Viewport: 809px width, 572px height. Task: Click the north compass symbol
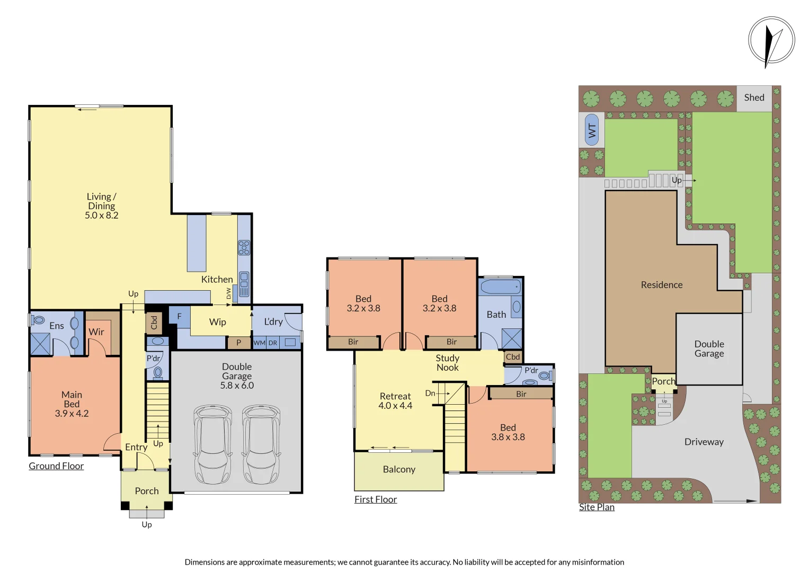click(x=771, y=41)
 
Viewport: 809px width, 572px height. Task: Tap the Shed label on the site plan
click(x=754, y=98)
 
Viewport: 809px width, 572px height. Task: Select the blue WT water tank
click(x=592, y=130)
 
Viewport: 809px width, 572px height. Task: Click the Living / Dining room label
click(x=101, y=205)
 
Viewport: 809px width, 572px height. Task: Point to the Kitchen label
click(x=217, y=279)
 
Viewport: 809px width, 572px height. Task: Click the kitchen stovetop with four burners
click(x=244, y=247)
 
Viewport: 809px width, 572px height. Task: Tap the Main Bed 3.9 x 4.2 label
click(x=72, y=404)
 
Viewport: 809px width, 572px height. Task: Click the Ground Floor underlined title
click(x=56, y=466)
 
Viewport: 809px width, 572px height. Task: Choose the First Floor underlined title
click(x=375, y=499)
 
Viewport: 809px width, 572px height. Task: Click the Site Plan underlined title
click(x=597, y=507)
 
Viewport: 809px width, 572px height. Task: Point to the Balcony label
click(x=399, y=470)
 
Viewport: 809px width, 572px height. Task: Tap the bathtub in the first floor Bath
click(x=500, y=288)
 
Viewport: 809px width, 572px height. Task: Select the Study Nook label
click(x=447, y=363)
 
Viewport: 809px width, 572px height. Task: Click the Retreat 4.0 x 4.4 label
click(x=395, y=401)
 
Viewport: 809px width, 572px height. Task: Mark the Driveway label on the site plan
click(x=704, y=442)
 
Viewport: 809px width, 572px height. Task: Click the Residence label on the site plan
click(x=662, y=285)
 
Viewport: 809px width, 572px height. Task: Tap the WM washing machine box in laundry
click(x=259, y=343)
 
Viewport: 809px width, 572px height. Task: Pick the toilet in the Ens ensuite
click(x=38, y=320)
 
